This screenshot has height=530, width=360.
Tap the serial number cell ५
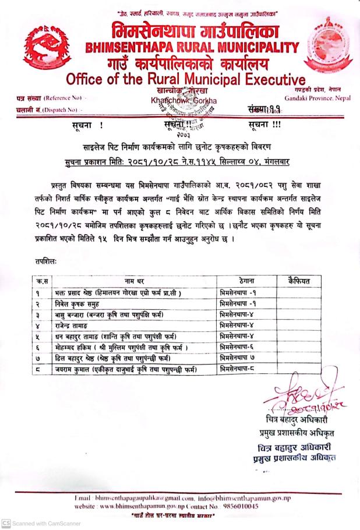click(37, 337)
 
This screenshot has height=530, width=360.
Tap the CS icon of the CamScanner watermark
click(6, 523)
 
